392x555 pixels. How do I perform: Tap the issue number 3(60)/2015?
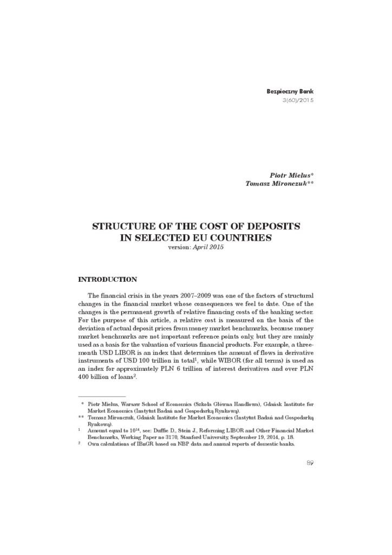[299, 101]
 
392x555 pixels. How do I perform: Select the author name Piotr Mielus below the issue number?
[290, 176]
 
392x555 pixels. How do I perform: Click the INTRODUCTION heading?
[108, 280]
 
